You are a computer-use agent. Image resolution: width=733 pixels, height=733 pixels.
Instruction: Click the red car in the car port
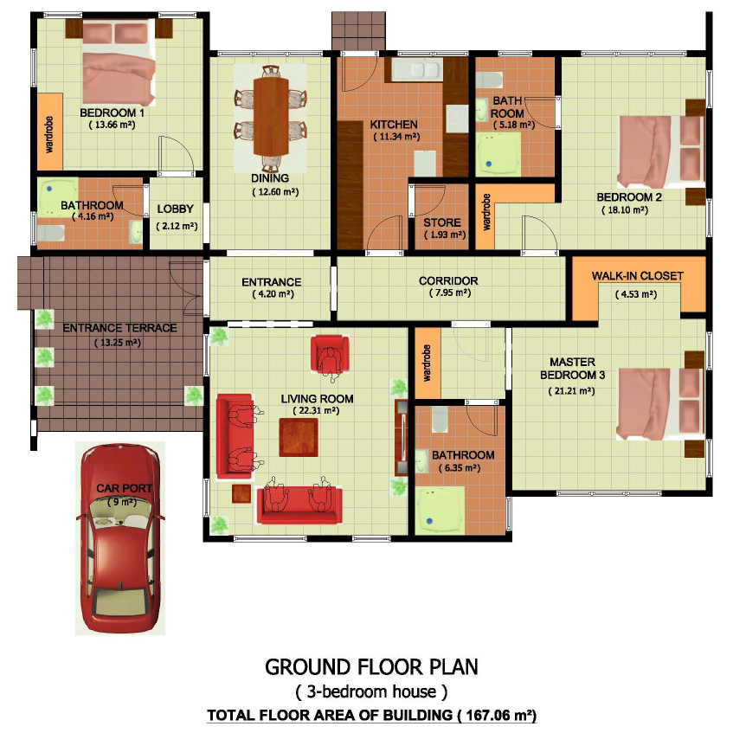coord(120,538)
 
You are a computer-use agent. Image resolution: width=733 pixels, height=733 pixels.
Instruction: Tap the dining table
coord(271,117)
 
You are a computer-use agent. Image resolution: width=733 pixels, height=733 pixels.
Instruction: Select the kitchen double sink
coord(417,69)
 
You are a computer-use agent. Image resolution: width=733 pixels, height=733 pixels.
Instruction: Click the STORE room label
coord(442,222)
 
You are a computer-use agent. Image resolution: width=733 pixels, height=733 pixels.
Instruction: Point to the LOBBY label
coord(176,209)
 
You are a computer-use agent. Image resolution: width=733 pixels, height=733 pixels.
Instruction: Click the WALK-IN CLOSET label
coord(638,276)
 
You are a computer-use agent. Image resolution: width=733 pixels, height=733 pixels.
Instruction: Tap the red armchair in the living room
coord(330,355)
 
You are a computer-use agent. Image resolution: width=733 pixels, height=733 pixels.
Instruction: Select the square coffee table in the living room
coord(299,438)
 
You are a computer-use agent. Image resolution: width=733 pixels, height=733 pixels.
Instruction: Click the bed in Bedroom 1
coord(119,62)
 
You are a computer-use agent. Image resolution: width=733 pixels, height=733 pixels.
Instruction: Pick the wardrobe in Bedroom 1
coord(49,132)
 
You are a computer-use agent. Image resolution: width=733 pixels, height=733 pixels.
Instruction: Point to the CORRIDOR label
coord(448,281)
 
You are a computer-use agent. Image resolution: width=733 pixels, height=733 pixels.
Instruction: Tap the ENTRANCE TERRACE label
coord(119,328)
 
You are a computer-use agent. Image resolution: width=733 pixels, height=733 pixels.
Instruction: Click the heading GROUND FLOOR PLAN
coord(371,667)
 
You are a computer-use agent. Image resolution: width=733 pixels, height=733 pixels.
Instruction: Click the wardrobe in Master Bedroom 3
coord(428,363)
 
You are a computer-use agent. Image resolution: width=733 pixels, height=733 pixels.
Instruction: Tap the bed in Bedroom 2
coord(660,151)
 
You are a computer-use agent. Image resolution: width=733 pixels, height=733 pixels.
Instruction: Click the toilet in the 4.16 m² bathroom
coord(50,232)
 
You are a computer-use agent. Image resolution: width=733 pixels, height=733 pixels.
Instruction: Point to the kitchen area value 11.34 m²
coord(396,137)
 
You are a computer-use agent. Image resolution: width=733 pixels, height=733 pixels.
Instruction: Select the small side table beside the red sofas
coord(241,493)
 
